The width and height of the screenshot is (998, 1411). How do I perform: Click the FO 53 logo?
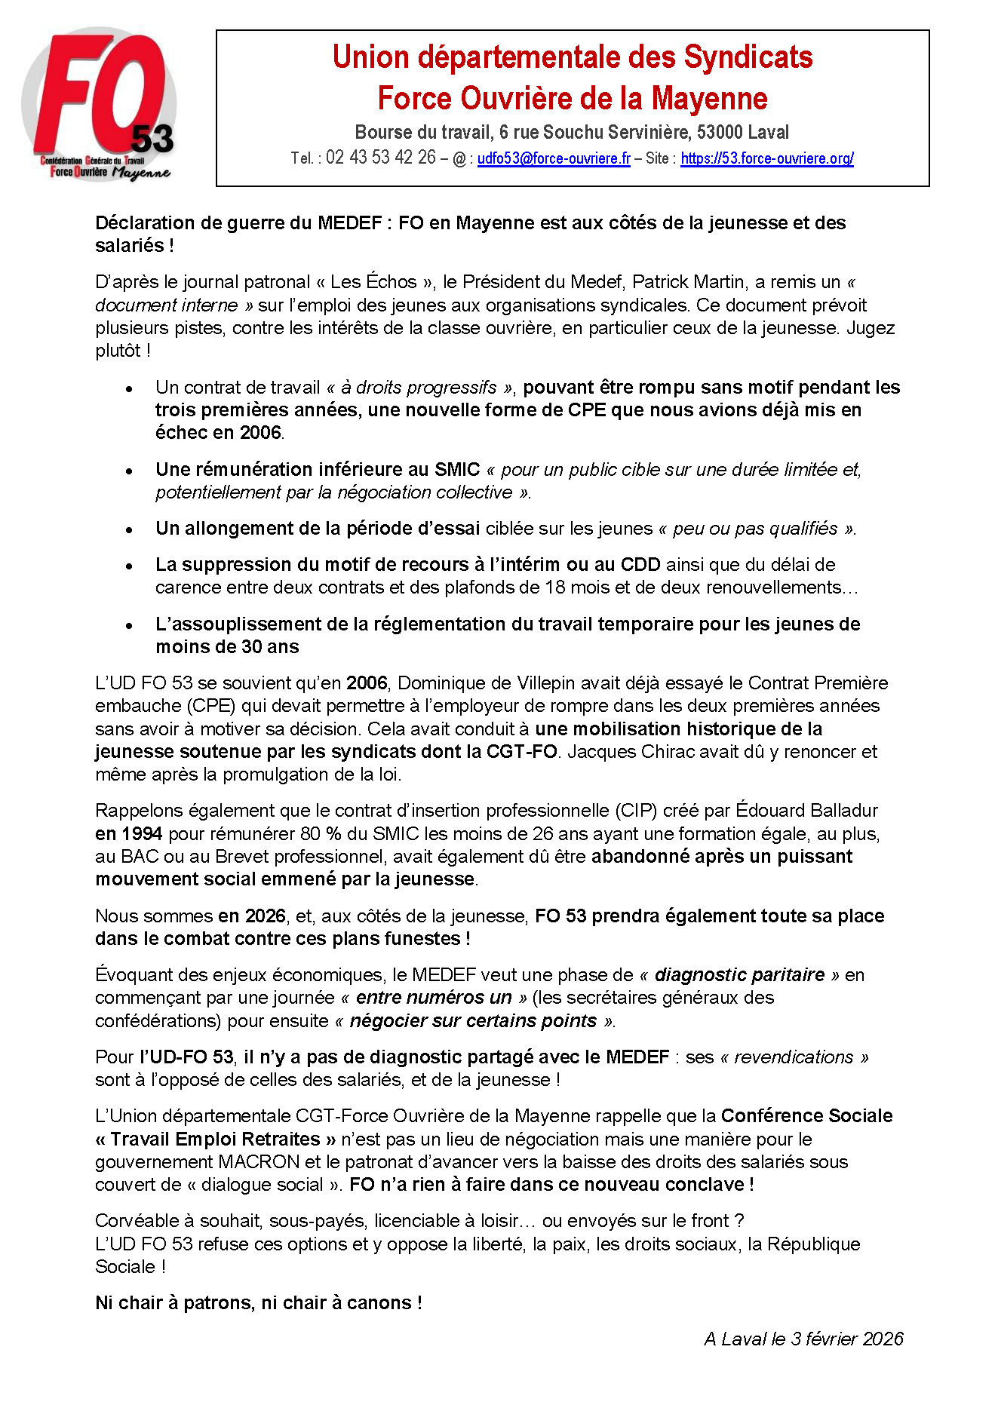coord(99,106)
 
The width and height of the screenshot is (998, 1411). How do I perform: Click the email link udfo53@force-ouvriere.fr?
coord(554,158)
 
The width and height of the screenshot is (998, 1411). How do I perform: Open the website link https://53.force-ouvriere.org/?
coord(766,158)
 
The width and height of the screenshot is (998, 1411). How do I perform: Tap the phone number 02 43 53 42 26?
coord(380,158)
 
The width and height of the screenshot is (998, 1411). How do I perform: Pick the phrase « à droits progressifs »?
coord(419,388)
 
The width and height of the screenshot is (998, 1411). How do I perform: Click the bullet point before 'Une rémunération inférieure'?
coord(130,471)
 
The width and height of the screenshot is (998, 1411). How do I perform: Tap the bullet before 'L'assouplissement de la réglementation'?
coord(130,625)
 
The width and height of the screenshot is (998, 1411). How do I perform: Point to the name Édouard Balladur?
coord(806,811)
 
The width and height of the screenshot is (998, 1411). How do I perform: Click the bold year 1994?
coord(140,834)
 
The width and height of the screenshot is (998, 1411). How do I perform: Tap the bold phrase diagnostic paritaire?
coord(739,975)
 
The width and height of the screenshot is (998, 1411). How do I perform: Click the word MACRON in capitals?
coord(259,1162)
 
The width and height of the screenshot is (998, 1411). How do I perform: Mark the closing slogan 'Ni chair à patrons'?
coord(258,1303)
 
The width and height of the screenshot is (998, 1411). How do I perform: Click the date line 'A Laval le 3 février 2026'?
coord(803,1339)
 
